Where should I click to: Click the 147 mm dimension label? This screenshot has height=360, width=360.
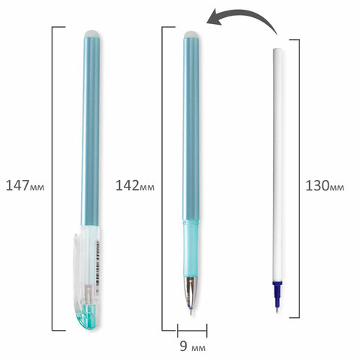25,186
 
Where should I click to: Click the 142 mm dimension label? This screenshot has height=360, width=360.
135,186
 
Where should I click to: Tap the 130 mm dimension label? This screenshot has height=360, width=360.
325,186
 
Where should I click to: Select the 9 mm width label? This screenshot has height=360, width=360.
193,346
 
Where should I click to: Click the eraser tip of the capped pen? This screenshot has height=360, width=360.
92,34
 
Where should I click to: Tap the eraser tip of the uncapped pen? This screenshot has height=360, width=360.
192,34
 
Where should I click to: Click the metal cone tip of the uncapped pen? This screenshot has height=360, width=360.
191,291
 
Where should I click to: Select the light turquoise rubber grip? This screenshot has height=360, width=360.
191,247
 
